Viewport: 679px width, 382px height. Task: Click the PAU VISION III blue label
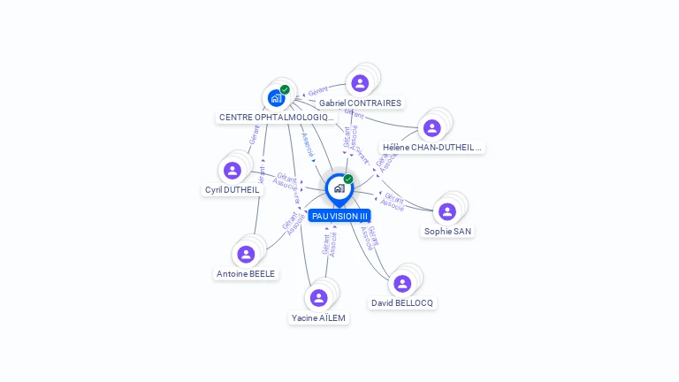(339, 216)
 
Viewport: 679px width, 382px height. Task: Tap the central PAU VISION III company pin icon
(339, 188)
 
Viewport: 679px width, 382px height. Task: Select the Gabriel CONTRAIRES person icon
(360, 83)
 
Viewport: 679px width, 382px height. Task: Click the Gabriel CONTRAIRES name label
(360, 103)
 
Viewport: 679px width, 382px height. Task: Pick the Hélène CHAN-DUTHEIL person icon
(432, 128)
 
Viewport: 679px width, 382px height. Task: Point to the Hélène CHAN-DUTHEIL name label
(432, 148)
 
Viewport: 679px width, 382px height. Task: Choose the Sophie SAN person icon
(447, 211)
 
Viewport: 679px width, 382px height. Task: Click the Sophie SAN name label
(447, 231)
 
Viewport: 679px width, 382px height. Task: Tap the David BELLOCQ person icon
(402, 283)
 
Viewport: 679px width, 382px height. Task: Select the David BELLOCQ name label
(402, 302)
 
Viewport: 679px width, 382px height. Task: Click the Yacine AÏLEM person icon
(319, 298)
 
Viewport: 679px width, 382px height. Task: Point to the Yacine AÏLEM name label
(319, 317)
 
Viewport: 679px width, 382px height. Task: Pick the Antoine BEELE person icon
(246, 255)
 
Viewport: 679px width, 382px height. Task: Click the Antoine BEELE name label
(246, 274)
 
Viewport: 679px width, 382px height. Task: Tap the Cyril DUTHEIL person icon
(233, 170)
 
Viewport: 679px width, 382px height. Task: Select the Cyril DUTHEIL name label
(233, 189)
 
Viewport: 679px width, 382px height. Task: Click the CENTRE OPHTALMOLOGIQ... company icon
(276, 97)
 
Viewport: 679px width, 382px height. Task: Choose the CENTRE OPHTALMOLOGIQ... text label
(276, 117)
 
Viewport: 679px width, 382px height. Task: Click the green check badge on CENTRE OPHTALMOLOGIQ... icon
(285, 89)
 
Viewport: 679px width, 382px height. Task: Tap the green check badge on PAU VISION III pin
(348, 180)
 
